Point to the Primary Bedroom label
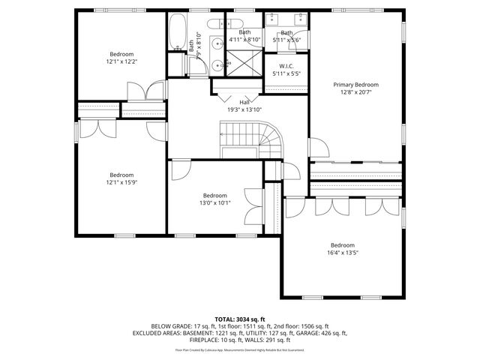356,85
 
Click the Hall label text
244,102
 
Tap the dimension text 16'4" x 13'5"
343,253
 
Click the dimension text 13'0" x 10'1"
214,202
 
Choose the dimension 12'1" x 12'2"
121,61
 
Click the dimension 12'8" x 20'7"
356,92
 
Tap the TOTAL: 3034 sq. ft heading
240,319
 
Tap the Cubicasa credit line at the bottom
240,349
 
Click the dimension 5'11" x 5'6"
287,40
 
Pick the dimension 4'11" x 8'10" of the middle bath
245,40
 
